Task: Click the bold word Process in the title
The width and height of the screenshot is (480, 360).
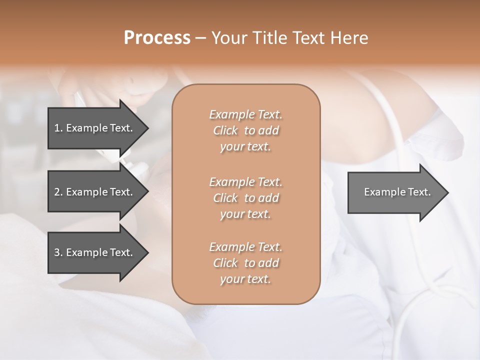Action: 157,38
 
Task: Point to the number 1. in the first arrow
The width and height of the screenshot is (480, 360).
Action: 58,128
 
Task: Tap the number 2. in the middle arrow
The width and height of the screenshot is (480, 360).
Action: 58,192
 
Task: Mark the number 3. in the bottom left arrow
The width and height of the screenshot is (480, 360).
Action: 58,252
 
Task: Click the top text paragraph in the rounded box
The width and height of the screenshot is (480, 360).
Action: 246,130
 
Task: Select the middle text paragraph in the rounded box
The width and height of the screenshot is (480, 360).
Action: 246,198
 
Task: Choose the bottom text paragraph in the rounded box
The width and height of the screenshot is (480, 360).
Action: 246,263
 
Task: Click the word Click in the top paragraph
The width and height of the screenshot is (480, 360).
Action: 225,131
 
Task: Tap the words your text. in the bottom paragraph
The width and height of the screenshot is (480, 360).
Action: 245,279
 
